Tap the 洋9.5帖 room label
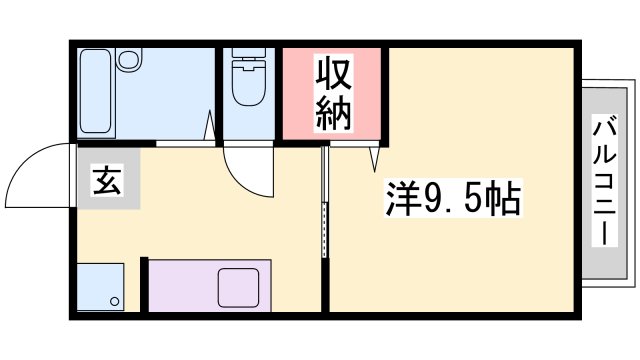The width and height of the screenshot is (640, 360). [452, 200]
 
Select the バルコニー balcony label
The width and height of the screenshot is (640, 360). [605, 180]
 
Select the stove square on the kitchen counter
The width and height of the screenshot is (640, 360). [238, 287]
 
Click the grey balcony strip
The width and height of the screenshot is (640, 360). [605, 180]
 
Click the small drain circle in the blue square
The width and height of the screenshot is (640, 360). [116, 302]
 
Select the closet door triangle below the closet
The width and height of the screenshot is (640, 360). [374, 156]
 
